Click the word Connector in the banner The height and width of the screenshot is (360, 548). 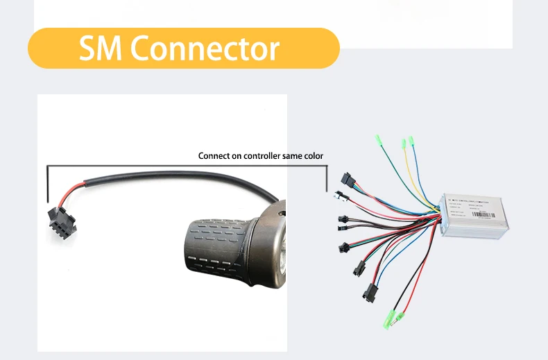click(205, 49)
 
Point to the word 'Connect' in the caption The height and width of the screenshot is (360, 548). click(214, 156)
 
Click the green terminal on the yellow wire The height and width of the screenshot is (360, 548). click(404, 144)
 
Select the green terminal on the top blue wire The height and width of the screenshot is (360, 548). click(411, 141)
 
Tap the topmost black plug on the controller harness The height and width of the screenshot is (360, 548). click(349, 182)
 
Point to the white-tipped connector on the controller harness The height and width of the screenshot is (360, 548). click(340, 196)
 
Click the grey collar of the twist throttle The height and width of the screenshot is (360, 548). click(267, 243)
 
